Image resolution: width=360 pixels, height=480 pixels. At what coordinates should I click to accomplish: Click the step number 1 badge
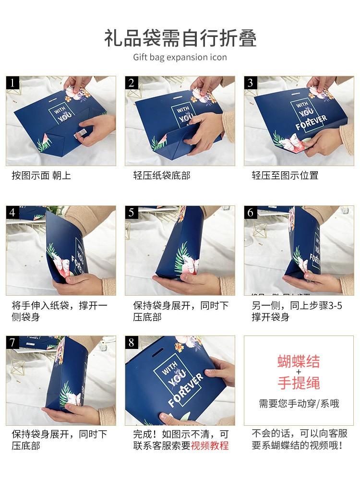coord(12,83)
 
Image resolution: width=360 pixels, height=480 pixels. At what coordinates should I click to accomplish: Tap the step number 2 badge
coord(132,83)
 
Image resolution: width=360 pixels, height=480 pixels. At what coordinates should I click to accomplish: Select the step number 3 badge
coord(251,83)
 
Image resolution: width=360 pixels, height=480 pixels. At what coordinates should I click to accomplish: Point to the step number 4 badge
coord(12,213)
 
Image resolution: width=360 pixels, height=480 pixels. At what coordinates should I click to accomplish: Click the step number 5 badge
coord(132,213)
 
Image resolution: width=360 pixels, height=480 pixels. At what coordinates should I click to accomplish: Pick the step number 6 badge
coord(251,213)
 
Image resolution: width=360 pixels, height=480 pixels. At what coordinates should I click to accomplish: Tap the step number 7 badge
coord(12,342)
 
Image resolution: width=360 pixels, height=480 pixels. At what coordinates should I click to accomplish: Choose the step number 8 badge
coord(132,342)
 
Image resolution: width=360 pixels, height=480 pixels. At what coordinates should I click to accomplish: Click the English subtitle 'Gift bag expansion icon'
coord(180,57)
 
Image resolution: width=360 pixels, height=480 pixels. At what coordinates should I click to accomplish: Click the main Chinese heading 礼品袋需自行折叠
coord(180,38)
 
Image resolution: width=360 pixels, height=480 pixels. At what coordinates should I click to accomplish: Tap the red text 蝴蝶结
coord(299,361)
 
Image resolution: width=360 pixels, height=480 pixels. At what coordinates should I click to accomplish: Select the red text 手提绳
coord(299,383)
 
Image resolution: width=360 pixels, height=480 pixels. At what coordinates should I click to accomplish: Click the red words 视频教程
coord(210,445)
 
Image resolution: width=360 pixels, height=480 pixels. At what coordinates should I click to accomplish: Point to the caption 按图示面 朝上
coord(41,175)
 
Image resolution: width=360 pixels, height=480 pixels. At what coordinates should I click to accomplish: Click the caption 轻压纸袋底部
coord(162,175)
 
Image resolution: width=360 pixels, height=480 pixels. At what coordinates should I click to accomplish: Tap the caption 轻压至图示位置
coord(285,175)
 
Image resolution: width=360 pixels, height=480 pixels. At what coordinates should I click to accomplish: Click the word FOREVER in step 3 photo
coord(311,122)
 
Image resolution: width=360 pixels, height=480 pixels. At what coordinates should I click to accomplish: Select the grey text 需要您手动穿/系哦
coord(299,404)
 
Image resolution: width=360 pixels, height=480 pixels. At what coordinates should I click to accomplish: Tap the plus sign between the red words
coord(299,372)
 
